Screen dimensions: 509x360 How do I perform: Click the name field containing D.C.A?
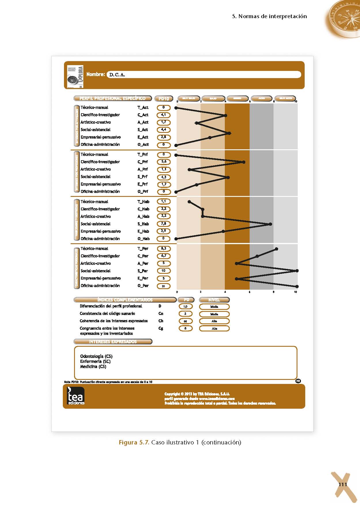click(x=203, y=75)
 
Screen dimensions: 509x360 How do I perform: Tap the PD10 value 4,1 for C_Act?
click(x=163, y=115)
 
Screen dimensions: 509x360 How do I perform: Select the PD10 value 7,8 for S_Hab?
click(x=163, y=224)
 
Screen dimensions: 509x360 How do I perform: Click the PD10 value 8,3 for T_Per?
click(x=163, y=248)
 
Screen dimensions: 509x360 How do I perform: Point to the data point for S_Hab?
click(x=270, y=224)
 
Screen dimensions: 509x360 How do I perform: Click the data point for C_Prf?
click(x=244, y=162)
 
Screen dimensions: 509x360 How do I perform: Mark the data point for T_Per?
click(x=276, y=249)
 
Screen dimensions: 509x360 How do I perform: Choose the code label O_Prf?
click(x=143, y=191)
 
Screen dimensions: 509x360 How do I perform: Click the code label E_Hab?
click(x=143, y=231)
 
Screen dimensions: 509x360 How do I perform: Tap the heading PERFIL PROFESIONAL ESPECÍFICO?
click(x=112, y=99)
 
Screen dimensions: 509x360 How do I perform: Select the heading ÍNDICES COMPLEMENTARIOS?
click(x=125, y=300)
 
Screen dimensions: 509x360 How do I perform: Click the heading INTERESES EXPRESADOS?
click(x=113, y=342)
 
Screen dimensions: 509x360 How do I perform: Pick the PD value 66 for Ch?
click(x=185, y=321)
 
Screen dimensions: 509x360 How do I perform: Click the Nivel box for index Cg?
click(x=214, y=328)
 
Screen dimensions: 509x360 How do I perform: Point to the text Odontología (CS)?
click(x=96, y=356)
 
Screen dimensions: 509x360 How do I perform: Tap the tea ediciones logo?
click(x=76, y=396)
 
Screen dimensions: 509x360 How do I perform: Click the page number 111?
click(x=342, y=484)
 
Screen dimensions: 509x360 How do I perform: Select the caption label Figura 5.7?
click(x=134, y=442)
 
